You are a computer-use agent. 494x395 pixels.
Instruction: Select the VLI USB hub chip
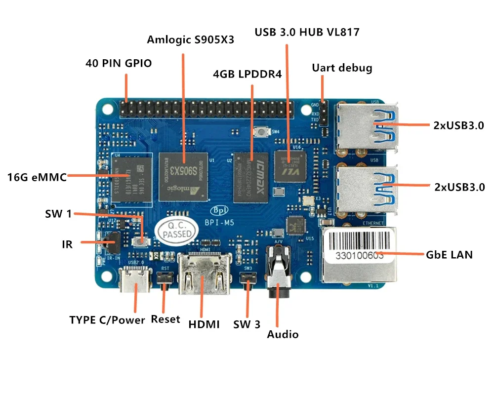290,165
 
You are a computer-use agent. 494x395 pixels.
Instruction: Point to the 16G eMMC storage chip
130,179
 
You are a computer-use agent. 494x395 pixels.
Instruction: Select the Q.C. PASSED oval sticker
173,230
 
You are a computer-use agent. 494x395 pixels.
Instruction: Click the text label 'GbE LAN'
449,255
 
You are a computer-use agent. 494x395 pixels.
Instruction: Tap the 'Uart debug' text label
342,68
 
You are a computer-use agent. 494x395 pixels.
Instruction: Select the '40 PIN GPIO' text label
119,63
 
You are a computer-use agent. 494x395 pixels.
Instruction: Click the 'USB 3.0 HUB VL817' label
307,33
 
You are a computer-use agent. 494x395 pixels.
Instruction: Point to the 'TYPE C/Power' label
107,320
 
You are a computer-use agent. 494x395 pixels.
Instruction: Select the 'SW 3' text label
247,324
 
